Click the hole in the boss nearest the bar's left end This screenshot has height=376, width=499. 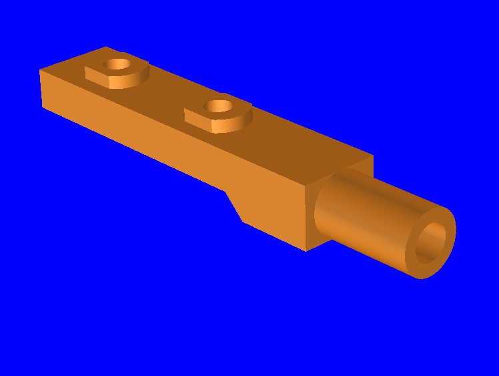click(x=119, y=65)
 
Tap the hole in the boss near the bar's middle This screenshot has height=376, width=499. click(x=218, y=106)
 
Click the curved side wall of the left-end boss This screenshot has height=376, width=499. click(x=127, y=81)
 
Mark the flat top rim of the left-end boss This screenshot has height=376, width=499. click(x=97, y=70)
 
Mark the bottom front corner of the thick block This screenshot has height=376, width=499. click(x=306, y=251)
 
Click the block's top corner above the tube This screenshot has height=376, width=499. click(x=372, y=156)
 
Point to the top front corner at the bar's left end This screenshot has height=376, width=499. click(x=40, y=70)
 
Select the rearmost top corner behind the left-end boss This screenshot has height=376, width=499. click(x=106, y=47)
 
